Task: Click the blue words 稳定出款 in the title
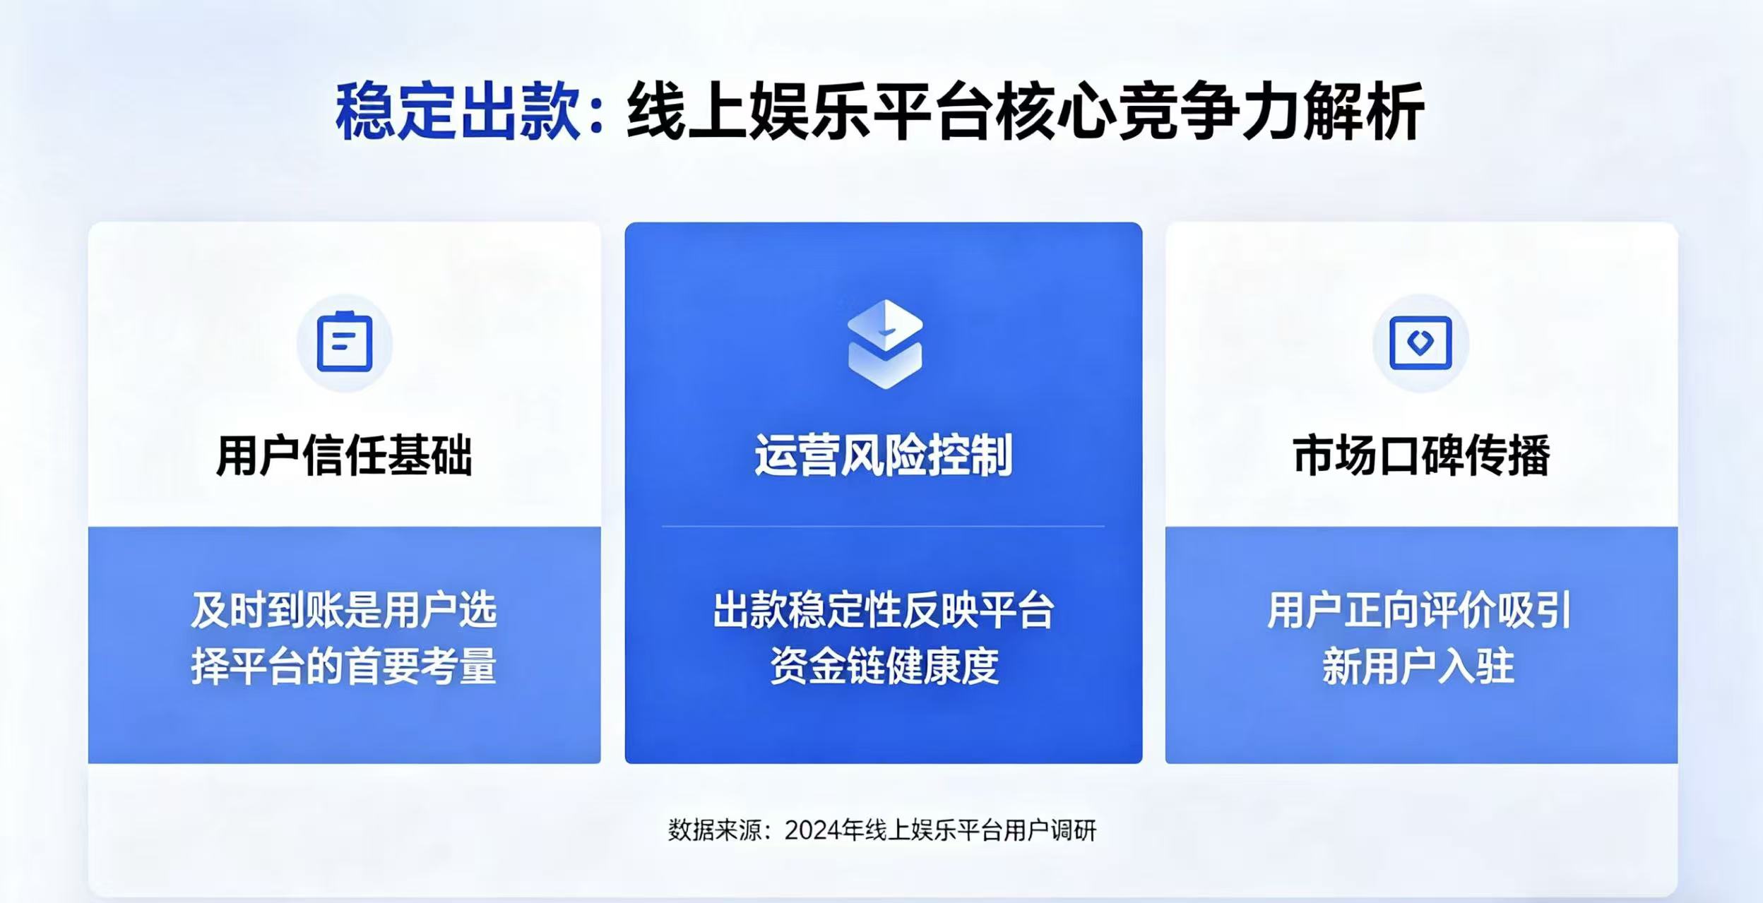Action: [x=458, y=112]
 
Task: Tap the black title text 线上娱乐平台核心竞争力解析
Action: [x=1025, y=112]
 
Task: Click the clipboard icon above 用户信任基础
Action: [x=345, y=342]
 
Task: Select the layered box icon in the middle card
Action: [x=884, y=344]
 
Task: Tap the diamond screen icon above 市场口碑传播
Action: [x=1420, y=342]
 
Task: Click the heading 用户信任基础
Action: [x=344, y=455]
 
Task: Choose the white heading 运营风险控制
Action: [x=884, y=455]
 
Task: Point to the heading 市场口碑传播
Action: [x=1422, y=455]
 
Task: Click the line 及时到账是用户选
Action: [x=344, y=610]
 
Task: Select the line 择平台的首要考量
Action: [x=344, y=666]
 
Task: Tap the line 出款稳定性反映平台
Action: [x=884, y=610]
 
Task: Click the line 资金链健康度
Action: [x=884, y=666]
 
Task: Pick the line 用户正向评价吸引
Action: [x=1419, y=610]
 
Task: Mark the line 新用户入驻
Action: [x=1419, y=666]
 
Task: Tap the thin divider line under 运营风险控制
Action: [x=883, y=526]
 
